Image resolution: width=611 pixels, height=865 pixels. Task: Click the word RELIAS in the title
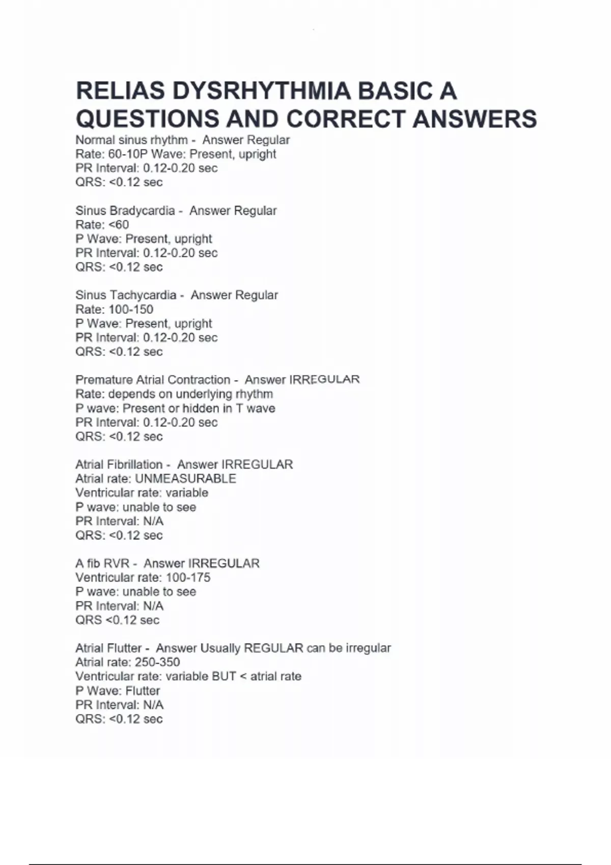(120, 92)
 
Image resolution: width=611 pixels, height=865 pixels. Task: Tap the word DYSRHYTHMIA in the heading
(262, 92)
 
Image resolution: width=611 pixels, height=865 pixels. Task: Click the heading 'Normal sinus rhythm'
(131, 140)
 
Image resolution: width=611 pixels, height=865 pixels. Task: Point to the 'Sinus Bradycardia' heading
(125, 211)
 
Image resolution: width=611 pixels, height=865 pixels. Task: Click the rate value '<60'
(119, 225)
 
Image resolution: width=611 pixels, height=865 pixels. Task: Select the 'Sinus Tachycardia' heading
(126, 295)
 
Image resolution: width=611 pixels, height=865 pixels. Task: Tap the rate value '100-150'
(131, 309)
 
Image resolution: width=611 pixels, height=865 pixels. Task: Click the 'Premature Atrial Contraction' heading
(153, 380)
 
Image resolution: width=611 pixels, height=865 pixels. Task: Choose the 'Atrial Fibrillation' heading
(119, 465)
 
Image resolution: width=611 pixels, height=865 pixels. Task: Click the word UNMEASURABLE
(185, 479)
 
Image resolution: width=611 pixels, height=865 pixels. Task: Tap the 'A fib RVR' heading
(102, 564)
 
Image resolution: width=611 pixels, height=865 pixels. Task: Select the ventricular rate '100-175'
(188, 578)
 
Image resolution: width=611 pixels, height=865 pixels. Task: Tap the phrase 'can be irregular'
(349, 648)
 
